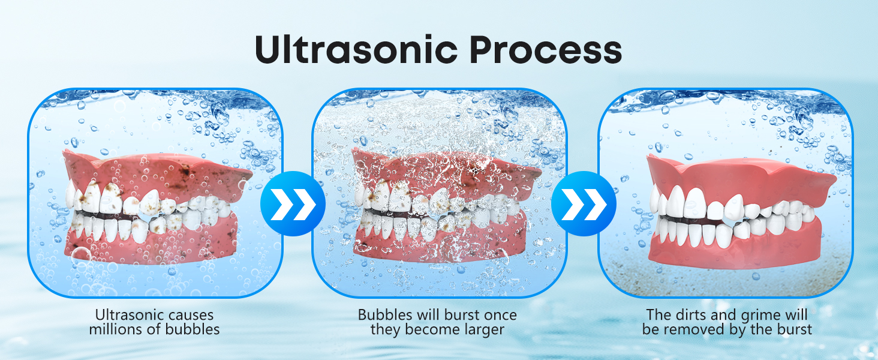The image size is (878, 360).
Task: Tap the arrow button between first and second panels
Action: point(293,203)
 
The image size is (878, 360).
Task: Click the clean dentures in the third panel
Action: point(738,210)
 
